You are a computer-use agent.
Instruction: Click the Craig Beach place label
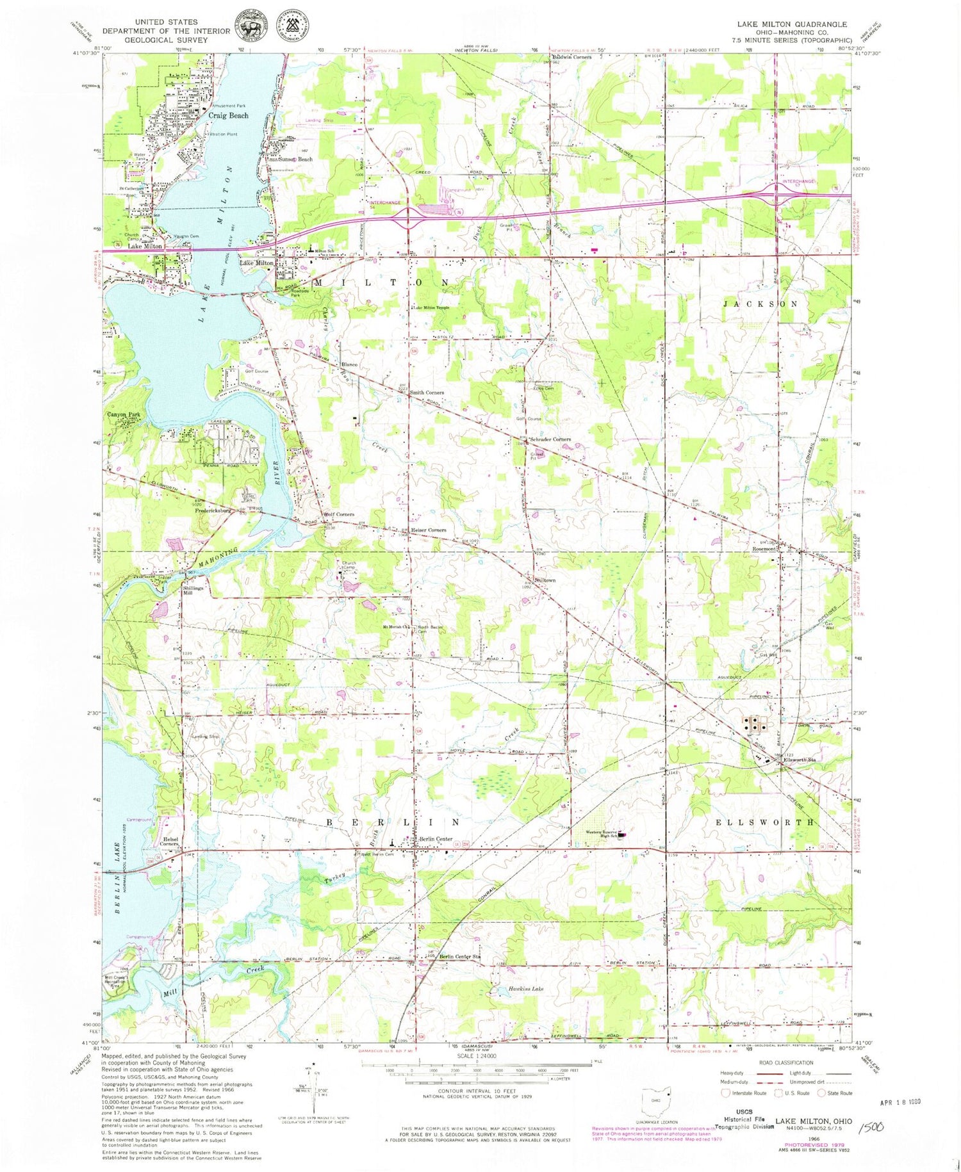click(228, 115)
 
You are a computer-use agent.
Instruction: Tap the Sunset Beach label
click(295, 159)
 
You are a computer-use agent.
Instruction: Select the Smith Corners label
click(427, 393)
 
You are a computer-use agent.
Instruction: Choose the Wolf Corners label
click(339, 514)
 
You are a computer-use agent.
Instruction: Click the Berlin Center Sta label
click(459, 957)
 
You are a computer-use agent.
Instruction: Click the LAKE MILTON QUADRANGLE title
click(791, 24)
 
